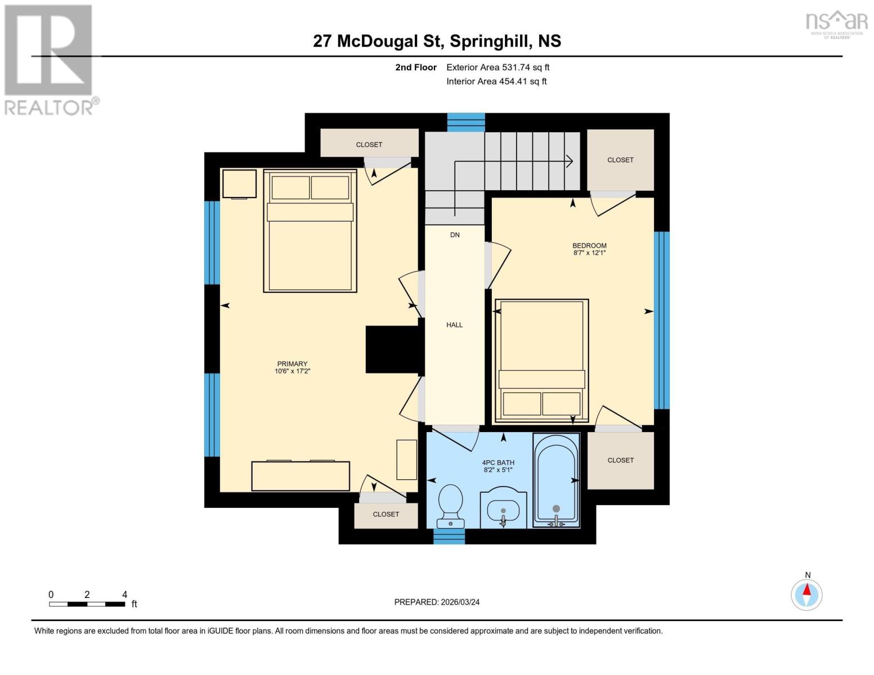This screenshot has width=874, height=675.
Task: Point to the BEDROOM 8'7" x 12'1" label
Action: click(589, 249)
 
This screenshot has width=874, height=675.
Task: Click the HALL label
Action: click(454, 325)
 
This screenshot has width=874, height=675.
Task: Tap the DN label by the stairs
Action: click(455, 235)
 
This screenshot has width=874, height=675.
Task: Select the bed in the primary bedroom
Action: click(310, 231)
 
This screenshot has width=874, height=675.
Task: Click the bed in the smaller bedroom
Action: click(541, 361)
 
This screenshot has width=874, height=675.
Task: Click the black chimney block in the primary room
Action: click(392, 349)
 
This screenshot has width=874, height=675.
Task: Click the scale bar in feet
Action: click(87, 604)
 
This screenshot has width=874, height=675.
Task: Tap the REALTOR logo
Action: click(49, 59)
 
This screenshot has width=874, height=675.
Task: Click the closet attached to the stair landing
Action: click(620, 160)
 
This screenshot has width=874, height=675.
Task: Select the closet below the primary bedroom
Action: click(386, 515)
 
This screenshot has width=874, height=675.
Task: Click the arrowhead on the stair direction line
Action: click(570, 161)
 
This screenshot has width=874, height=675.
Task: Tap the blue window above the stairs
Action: click(466, 122)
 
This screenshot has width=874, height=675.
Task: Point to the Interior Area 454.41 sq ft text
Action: click(496, 82)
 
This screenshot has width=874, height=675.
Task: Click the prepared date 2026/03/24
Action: click(437, 602)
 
